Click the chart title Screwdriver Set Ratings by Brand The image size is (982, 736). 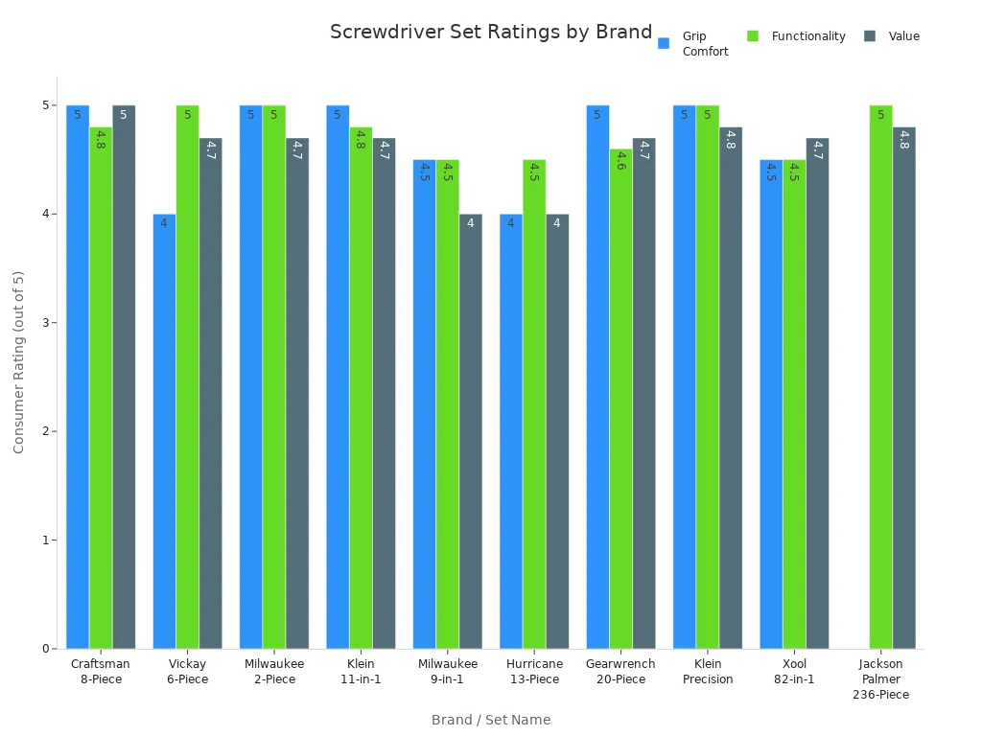click(490, 32)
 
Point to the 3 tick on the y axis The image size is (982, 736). click(45, 322)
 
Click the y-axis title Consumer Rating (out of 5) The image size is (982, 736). click(18, 361)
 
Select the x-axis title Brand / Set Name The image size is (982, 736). click(490, 720)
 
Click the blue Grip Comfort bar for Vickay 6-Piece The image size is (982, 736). click(164, 431)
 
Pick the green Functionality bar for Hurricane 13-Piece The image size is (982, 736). click(534, 403)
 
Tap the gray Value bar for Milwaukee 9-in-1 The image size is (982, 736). click(470, 431)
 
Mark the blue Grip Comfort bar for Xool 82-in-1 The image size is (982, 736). click(771, 403)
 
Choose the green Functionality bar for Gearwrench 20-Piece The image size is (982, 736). click(620, 399)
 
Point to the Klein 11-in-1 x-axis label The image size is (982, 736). click(361, 671)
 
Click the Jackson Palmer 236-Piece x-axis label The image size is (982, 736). click(880, 678)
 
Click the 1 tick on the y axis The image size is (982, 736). click(45, 540)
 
